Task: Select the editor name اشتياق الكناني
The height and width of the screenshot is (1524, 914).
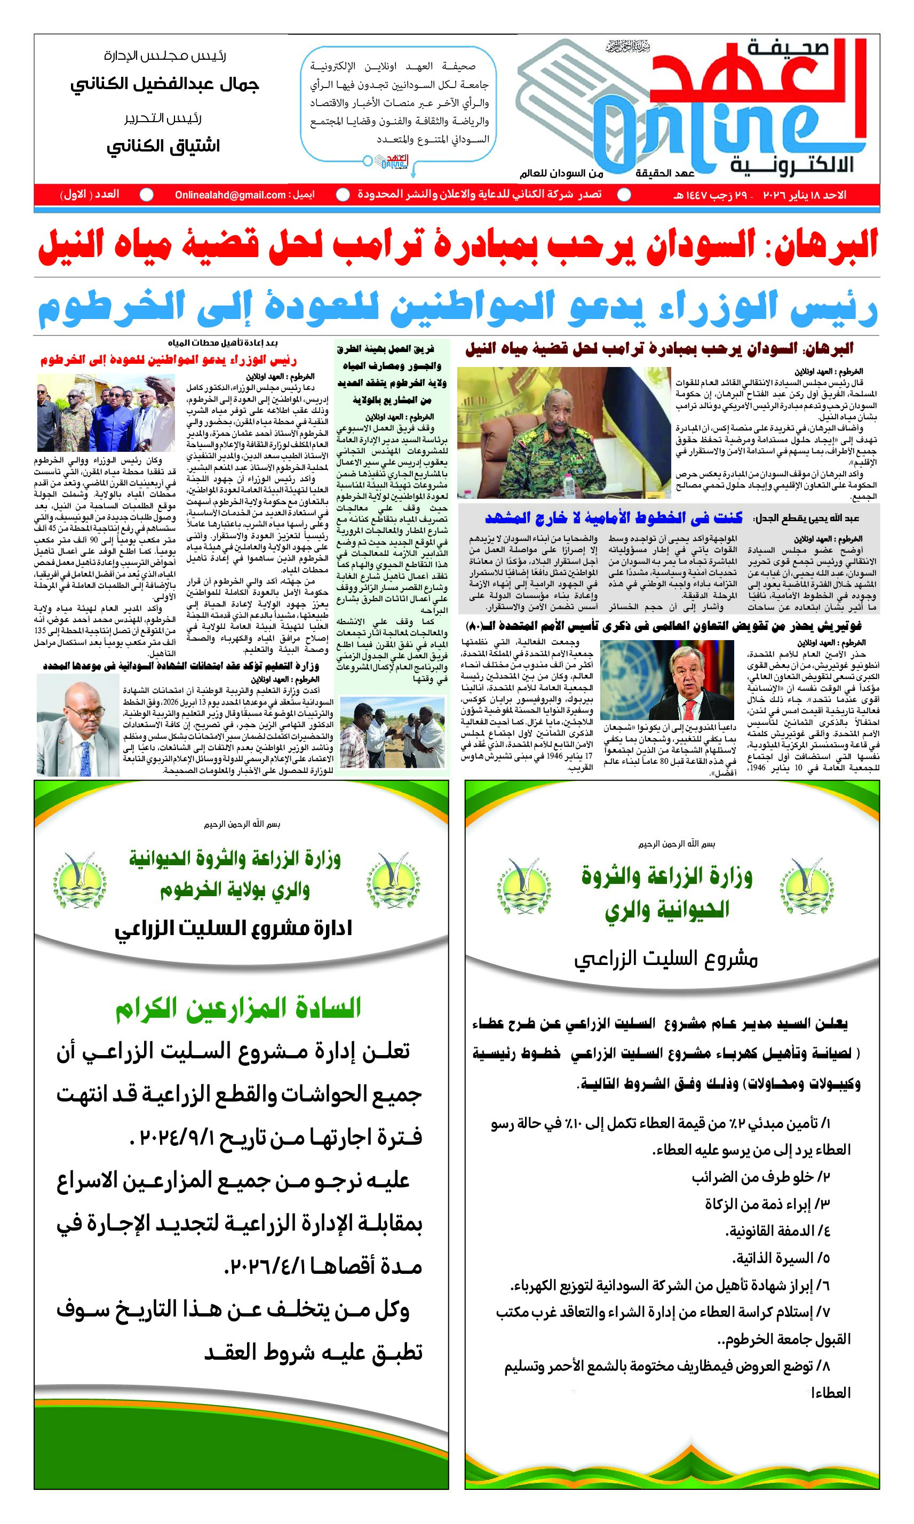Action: click(163, 147)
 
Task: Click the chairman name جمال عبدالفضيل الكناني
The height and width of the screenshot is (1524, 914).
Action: click(164, 84)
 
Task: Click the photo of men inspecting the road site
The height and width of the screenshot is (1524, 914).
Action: click(392, 732)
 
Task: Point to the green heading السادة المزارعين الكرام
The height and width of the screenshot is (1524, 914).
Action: click(238, 1008)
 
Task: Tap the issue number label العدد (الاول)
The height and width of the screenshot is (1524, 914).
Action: click(90, 195)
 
